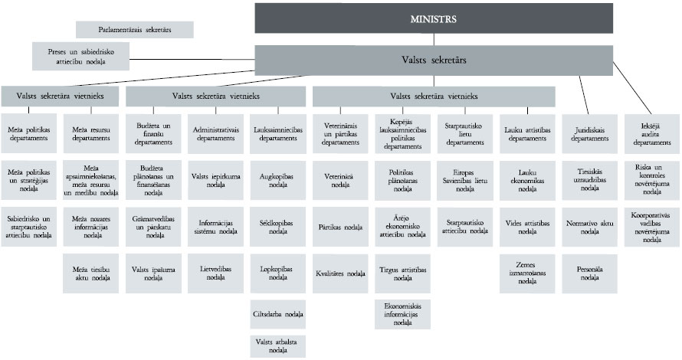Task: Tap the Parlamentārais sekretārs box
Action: (x=134, y=29)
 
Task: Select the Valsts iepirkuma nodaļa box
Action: (x=216, y=180)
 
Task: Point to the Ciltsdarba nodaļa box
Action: (x=278, y=314)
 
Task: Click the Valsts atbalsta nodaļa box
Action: (x=278, y=345)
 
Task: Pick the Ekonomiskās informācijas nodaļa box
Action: (x=404, y=314)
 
